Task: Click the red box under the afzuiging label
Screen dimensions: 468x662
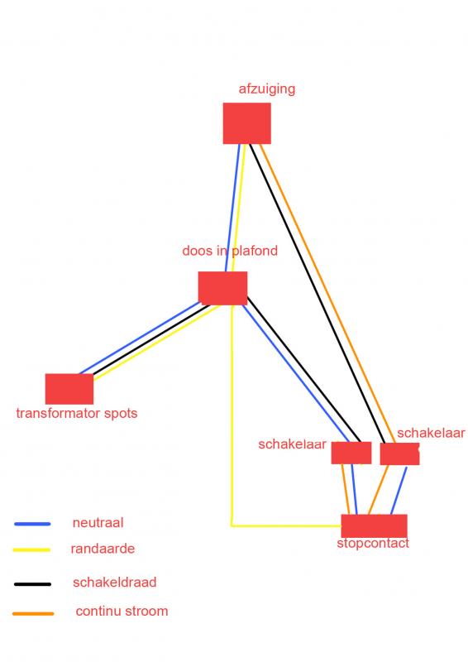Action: click(247, 123)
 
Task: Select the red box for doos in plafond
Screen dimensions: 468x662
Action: click(222, 288)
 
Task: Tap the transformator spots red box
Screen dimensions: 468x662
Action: click(69, 389)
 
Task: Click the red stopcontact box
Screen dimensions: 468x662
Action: click(374, 526)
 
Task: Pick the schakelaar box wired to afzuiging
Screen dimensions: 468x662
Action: click(399, 453)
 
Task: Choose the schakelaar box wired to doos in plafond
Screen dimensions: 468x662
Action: click(351, 453)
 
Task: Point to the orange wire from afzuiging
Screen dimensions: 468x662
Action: click(327, 294)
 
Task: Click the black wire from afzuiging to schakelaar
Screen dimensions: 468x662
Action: click(317, 294)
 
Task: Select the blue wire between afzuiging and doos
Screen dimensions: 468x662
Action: click(233, 208)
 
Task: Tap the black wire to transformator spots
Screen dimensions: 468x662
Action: click(151, 339)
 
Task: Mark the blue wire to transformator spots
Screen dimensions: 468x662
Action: click(140, 338)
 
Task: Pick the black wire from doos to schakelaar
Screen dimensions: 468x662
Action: click(303, 369)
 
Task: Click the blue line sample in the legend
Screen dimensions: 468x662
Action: click(32, 524)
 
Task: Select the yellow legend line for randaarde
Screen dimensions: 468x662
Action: click(31, 549)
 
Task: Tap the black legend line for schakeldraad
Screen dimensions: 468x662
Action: click(32, 584)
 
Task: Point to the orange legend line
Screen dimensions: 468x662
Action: click(33, 613)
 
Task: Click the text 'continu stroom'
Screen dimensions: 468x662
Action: click(122, 611)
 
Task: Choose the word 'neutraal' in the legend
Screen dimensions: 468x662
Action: click(98, 523)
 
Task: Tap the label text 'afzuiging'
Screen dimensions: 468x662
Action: click(267, 89)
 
